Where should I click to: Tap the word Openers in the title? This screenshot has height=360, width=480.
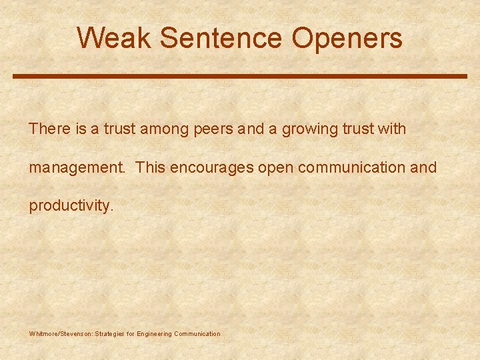[347, 38]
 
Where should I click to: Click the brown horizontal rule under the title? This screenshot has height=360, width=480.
[240, 77]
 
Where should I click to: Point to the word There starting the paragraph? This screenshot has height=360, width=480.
[49, 129]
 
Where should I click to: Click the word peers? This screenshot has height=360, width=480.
[212, 129]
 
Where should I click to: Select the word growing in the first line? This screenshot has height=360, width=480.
[309, 129]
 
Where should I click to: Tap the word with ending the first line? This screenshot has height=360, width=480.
[391, 129]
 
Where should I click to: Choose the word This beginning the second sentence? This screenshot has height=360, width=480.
[151, 167]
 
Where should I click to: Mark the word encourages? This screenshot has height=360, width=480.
[211, 168]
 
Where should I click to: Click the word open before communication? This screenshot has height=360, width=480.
[276, 168]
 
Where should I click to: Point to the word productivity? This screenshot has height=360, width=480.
[71, 206]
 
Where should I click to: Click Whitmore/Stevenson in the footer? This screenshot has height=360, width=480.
[61, 333]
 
